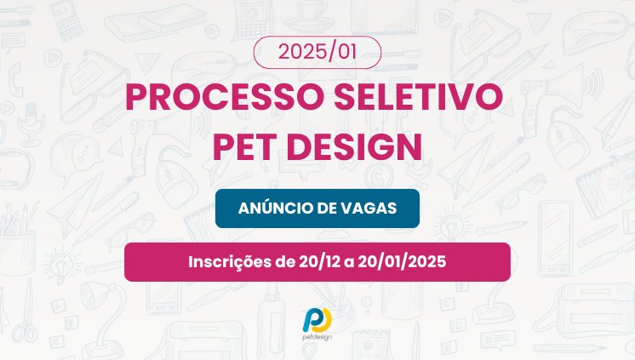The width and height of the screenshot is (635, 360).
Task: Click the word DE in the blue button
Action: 328,209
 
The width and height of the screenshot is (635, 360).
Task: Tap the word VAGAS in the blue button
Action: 369,209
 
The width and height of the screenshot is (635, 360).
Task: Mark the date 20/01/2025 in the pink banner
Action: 399,261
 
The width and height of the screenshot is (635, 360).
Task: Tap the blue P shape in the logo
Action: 312,320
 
